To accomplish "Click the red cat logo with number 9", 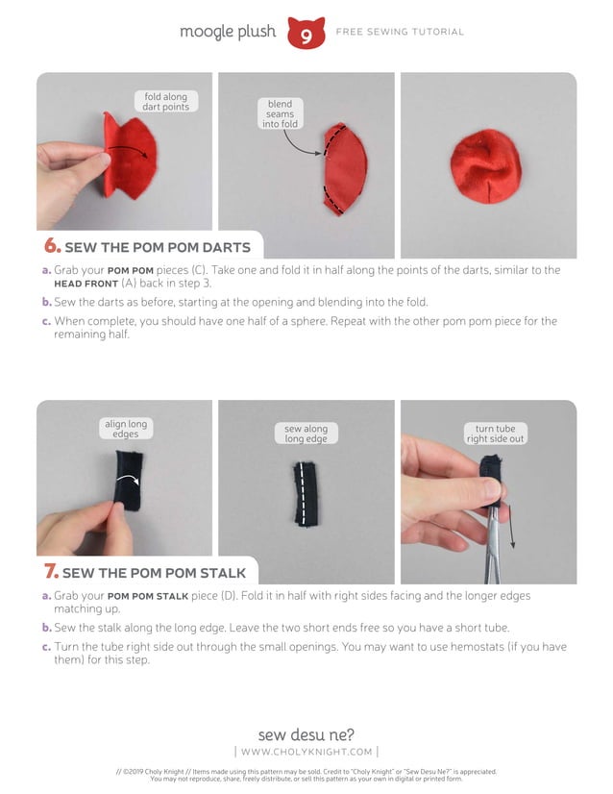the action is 306,33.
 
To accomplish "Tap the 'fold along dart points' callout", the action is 166,101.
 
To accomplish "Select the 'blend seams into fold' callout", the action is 280,113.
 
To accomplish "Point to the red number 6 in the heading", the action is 52,245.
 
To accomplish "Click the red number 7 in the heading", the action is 51,571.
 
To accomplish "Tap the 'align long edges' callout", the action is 126,429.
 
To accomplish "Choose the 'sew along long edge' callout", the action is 306,434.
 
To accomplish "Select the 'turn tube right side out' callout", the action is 495,434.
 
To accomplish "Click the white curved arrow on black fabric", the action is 128,478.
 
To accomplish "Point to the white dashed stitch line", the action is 305,493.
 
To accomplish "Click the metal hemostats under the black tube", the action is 494,544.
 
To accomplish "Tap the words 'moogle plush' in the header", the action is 228,32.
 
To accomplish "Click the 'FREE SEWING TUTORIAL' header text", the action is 400,32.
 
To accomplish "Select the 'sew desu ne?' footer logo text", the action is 306,734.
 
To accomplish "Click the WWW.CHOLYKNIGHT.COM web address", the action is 306,752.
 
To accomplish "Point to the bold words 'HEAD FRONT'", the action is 86,285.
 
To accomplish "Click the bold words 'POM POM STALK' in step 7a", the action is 148,597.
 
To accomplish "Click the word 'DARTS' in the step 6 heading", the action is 226,248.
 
